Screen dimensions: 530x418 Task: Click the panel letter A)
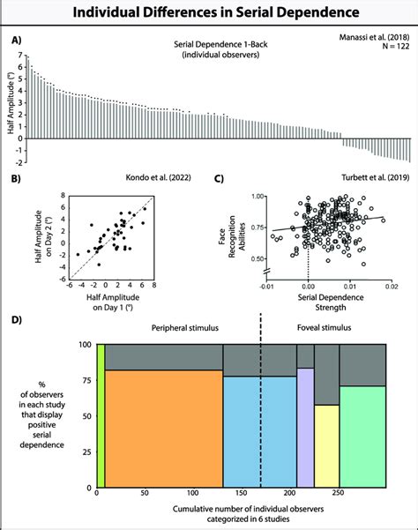[17, 40]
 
